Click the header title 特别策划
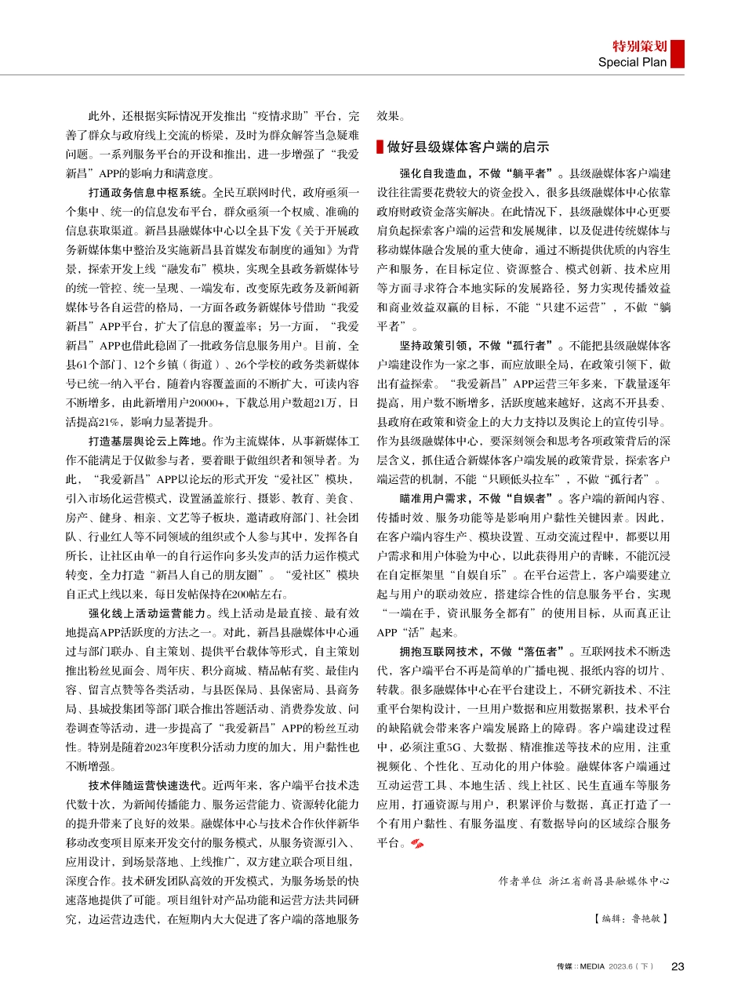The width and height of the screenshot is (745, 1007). [639, 46]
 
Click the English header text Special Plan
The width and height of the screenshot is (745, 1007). [632, 62]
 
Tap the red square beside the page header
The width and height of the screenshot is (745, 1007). [678, 54]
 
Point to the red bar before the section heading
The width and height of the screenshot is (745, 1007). [380, 147]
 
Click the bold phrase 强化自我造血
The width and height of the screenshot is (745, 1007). [436, 173]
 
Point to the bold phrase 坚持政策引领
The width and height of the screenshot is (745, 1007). [436, 344]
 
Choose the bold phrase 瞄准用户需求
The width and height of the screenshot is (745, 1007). [436, 498]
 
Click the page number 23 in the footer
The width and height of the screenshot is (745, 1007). [678, 966]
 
